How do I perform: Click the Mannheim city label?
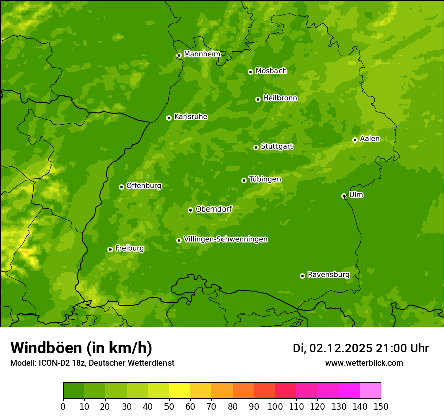[202, 54]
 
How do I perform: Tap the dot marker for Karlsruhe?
[169, 118]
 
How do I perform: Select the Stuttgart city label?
[276, 147]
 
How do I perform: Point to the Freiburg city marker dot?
[110, 249]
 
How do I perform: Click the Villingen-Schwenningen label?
[226, 239]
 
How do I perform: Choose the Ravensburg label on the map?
[328, 275]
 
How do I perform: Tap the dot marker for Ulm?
[344, 196]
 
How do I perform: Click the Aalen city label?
[369, 139]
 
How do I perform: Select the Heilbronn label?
[280, 98]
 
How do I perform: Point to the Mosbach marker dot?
[250, 72]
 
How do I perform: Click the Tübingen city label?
[264, 179]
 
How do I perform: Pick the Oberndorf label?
[213, 209]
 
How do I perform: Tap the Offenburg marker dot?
[121, 187]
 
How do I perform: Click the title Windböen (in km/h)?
[81, 348]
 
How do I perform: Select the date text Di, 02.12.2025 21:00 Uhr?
[361, 348]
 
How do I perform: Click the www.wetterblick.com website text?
[364, 363]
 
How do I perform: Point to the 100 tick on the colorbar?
[275, 406]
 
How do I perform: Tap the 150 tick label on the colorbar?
[381, 406]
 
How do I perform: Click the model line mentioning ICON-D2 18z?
[92, 363]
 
